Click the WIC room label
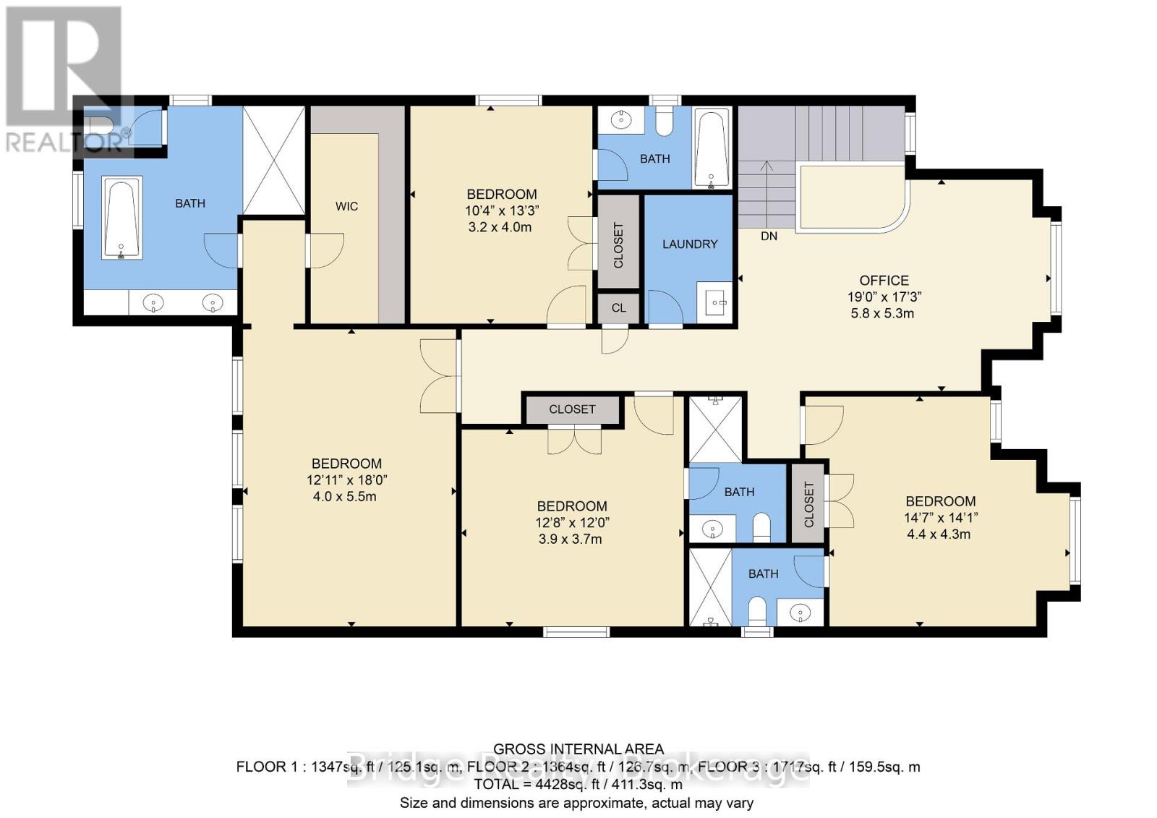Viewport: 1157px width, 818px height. (346, 207)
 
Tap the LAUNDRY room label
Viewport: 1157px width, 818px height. (690, 244)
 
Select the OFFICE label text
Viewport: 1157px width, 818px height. (884, 281)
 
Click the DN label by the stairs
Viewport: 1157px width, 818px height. (769, 237)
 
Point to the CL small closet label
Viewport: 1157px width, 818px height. (618, 308)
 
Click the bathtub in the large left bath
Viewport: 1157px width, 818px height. (121, 218)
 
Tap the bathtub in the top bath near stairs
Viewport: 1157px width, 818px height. (712, 148)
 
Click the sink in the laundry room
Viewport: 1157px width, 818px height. (717, 300)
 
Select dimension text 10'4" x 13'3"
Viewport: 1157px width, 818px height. (501, 210)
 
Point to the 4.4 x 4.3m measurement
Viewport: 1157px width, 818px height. (939, 534)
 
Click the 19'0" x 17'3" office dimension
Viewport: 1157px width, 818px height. (884, 297)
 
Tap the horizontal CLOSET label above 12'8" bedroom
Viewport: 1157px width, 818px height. (572, 409)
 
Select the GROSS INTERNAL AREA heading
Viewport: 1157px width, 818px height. (578, 750)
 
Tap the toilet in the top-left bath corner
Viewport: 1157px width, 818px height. (99, 124)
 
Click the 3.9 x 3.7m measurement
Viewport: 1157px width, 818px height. (570, 540)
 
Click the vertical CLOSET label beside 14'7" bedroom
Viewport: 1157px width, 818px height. (808, 504)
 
